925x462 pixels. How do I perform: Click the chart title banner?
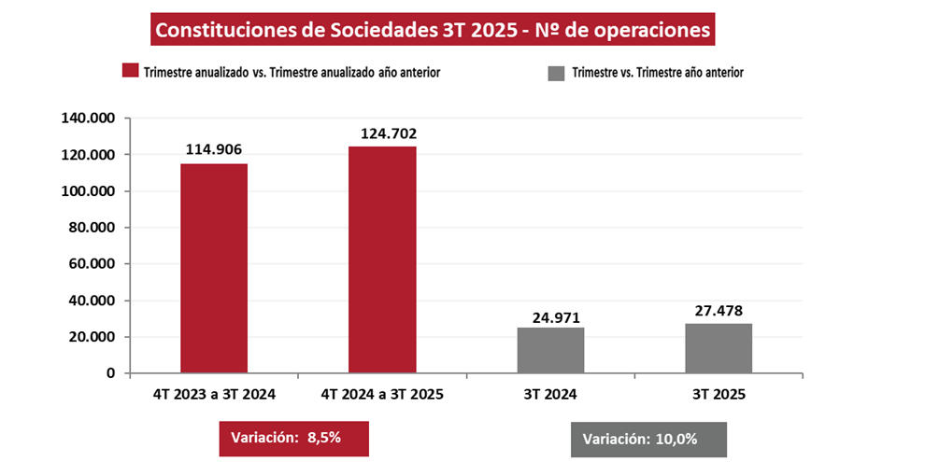click(434, 31)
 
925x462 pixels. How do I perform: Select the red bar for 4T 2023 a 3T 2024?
click(214, 268)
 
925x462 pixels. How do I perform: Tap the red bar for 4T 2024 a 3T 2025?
click(382, 259)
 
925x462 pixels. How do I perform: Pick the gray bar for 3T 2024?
click(550, 350)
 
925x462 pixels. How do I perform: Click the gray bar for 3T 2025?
click(719, 348)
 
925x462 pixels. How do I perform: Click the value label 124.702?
click(382, 133)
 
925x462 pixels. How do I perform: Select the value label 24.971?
click(550, 316)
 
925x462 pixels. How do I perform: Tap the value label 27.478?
click(719, 311)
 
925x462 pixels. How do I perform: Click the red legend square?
click(130, 71)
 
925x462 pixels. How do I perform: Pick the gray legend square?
click(557, 71)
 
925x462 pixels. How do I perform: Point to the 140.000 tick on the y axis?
click(87, 119)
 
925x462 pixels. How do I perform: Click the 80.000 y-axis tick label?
click(91, 228)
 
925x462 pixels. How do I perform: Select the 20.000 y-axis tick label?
click(91, 337)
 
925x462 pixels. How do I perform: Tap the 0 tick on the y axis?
click(110, 373)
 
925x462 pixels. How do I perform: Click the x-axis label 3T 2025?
click(719, 395)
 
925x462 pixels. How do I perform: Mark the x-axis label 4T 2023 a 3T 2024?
click(214, 395)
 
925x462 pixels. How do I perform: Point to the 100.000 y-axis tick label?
click(87, 191)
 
